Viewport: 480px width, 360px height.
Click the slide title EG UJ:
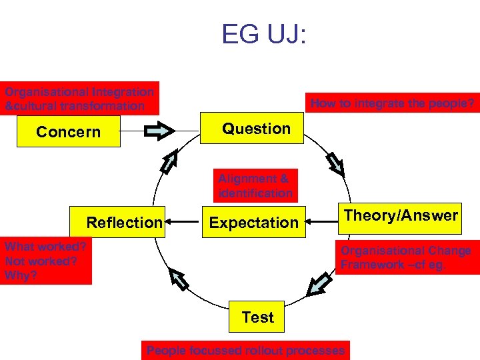tap(264, 34)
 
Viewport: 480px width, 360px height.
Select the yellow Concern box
tap(69, 132)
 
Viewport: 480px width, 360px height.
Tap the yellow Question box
tap(257, 129)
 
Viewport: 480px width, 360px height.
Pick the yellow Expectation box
tap(254, 223)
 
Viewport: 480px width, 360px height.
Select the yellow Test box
tap(257, 317)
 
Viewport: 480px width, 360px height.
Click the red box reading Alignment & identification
tap(256, 185)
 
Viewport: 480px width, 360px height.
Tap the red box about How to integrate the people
tap(393, 103)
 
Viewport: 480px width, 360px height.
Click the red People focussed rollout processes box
tap(245, 351)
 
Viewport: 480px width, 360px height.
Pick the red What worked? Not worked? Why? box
tap(46, 261)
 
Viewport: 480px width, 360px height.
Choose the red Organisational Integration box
tap(79, 99)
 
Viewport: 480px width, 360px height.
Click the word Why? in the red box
tap(18, 275)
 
